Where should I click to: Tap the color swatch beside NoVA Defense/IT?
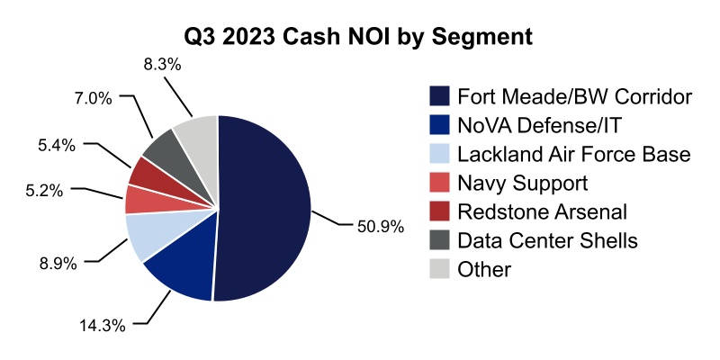(440, 125)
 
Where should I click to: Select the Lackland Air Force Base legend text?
(573, 154)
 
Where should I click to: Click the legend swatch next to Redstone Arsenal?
(440, 211)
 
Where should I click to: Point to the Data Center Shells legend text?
(547, 240)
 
